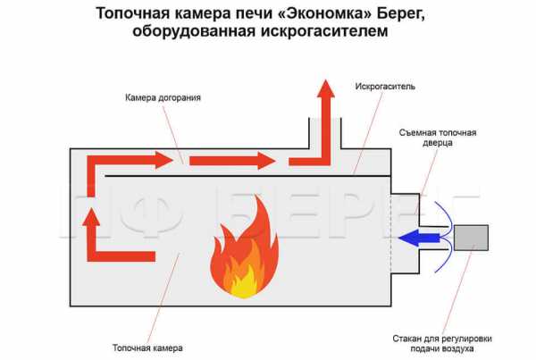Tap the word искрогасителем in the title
pyautogui.click(x=325, y=31)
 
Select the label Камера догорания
pyautogui.click(x=163, y=97)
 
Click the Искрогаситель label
pyautogui.click(x=385, y=86)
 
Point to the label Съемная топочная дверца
pyautogui.click(x=438, y=138)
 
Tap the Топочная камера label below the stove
pyautogui.click(x=147, y=348)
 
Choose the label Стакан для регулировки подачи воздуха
pyautogui.click(x=442, y=344)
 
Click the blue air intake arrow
pyautogui.click(x=420, y=238)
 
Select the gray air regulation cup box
pyautogui.click(x=471, y=238)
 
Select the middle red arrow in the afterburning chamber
pyautogui.click(x=232, y=161)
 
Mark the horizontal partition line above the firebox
pyautogui.click(x=247, y=176)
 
